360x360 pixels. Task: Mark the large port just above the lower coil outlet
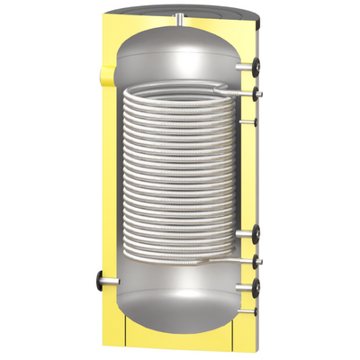pos(257,237)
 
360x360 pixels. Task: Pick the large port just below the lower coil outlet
pos(257,288)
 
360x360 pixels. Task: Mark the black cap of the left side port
pos(95,280)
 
